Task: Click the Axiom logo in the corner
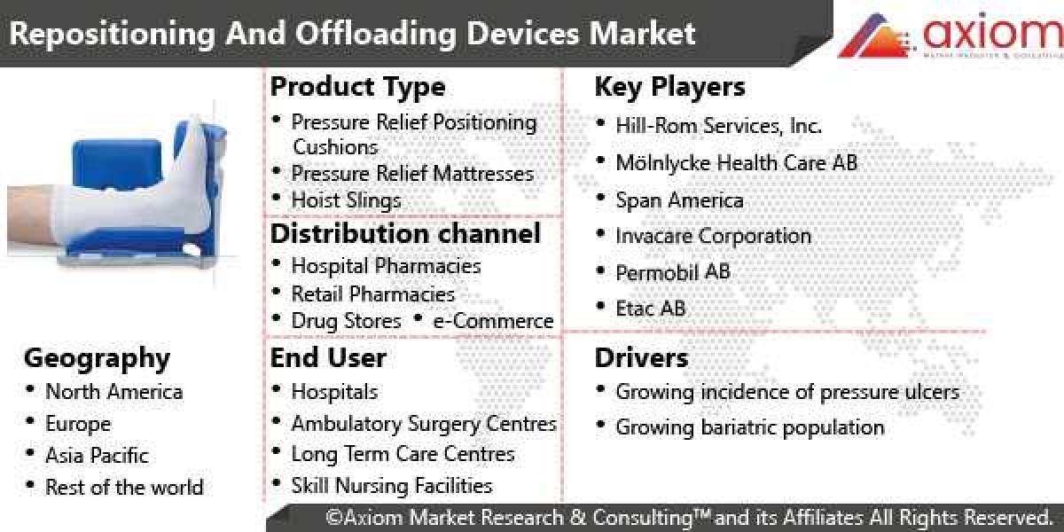[949, 35]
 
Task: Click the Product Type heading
[357, 87]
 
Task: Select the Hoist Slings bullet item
[346, 200]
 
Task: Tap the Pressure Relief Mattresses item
[412, 173]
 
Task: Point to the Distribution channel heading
[405, 234]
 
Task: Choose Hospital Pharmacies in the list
[386, 266]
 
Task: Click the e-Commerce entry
[493, 321]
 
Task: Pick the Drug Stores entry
[346, 321]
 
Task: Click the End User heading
[328, 358]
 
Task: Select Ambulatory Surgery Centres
[424, 425]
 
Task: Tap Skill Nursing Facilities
[391, 486]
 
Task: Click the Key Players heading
[669, 87]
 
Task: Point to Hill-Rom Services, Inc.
[718, 126]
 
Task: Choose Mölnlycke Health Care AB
[736, 163]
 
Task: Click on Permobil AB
[672, 272]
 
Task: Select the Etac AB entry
[650, 309]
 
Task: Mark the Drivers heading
[641, 358]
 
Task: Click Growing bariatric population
[750, 427]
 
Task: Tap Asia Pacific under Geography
[97, 456]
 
